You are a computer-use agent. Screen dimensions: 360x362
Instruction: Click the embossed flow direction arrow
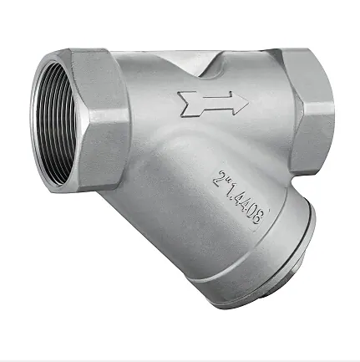point(213,103)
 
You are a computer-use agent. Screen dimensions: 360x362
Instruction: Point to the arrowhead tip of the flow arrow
point(249,102)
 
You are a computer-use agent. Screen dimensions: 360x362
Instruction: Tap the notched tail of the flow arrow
point(186,104)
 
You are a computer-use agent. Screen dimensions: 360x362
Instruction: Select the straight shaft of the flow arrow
point(215,103)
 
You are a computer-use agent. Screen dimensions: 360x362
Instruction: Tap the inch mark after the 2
point(229,181)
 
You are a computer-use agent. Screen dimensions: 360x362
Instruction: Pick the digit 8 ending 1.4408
point(256,217)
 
